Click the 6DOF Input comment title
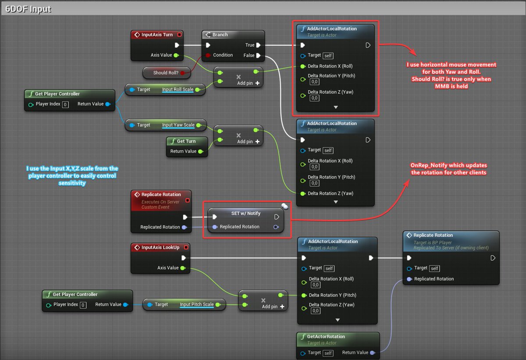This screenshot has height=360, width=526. [x=27, y=9]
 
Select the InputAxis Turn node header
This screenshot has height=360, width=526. [x=156, y=35]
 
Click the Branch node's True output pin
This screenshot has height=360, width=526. [x=258, y=45]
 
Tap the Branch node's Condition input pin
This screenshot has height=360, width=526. [x=208, y=55]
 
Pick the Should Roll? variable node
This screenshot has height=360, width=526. [x=166, y=73]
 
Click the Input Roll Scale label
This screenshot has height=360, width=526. [x=178, y=89]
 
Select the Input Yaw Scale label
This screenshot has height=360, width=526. [x=178, y=125]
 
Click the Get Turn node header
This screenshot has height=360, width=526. [x=186, y=141]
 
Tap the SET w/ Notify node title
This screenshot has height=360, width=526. [x=245, y=213]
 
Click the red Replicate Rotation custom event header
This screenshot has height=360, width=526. [x=160, y=194]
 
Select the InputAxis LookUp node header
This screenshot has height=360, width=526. [x=160, y=247]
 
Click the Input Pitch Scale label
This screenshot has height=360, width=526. [x=196, y=304]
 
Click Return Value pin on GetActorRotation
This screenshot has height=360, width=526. [x=372, y=353]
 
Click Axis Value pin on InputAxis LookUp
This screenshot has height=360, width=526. [x=182, y=268]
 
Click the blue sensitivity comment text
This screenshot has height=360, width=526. [x=72, y=176]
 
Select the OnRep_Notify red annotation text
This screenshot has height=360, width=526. [x=448, y=169]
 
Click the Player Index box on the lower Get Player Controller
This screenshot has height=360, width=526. [x=83, y=305]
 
